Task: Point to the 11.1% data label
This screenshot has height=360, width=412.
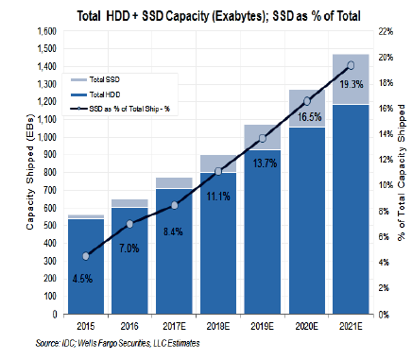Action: pos(218,196)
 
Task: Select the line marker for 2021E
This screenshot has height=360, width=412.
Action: pos(350,65)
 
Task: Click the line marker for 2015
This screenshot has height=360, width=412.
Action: pos(86,256)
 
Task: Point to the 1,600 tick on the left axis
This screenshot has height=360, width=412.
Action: pos(45,32)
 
